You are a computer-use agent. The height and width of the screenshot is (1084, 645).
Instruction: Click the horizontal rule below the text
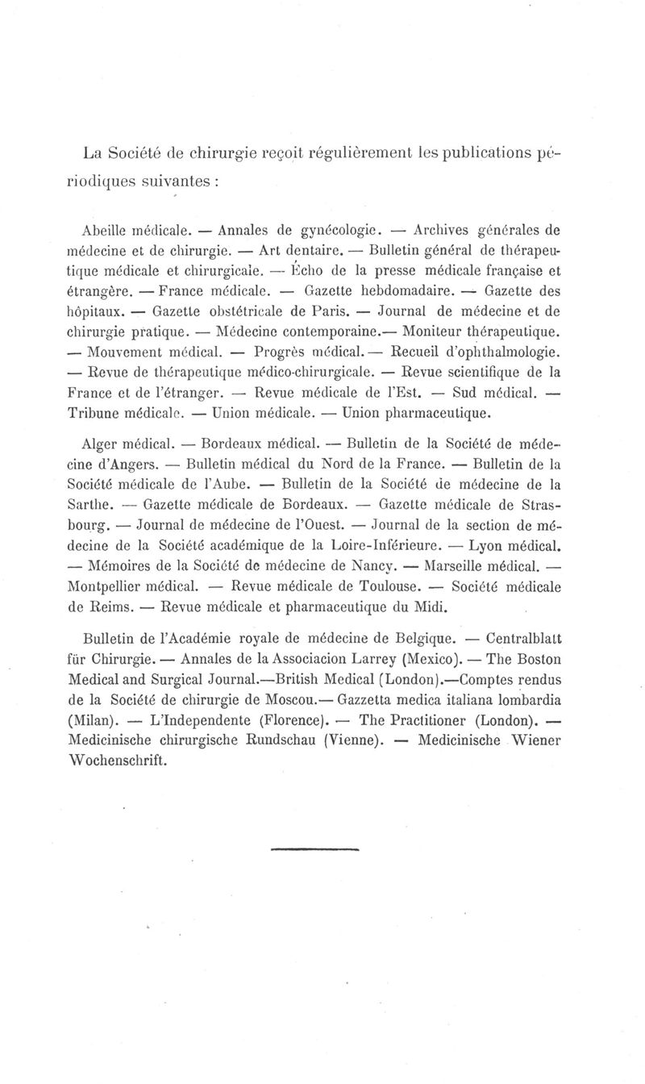[314, 849]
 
